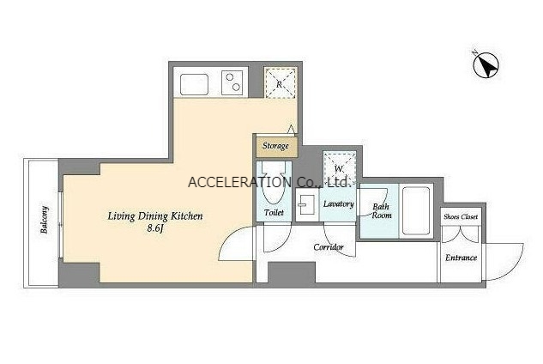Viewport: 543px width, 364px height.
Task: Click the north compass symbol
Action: [x=486, y=65]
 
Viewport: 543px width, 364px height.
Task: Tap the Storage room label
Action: [x=275, y=146]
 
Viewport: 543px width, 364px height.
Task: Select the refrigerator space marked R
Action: [x=280, y=83]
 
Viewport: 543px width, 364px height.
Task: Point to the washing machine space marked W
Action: [x=339, y=169]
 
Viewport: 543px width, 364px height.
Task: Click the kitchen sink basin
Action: [x=194, y=84]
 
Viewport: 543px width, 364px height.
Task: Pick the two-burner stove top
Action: [x=232, y=82]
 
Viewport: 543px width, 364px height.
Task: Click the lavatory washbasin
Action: [x=306, y=205]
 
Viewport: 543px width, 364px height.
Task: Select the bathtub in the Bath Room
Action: [x=416, y=211]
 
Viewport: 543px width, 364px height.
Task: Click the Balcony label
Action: [x=44, y=220]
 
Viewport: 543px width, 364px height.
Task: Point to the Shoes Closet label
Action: [x=461, y=217]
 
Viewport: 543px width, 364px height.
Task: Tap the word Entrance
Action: [x=461, y=258]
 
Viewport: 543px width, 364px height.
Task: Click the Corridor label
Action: [x=329, y=247]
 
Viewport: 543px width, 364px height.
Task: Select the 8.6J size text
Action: [x=155, y=228]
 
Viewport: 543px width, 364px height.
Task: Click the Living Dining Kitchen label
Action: [x=155, y=216]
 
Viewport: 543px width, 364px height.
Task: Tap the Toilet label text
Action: [x=274, y=213]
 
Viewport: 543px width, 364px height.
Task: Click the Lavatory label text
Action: [x=338, y=203]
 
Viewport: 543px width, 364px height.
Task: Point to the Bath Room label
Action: [x=382, y=211]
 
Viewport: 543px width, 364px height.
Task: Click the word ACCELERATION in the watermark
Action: [x=240, y=182]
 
